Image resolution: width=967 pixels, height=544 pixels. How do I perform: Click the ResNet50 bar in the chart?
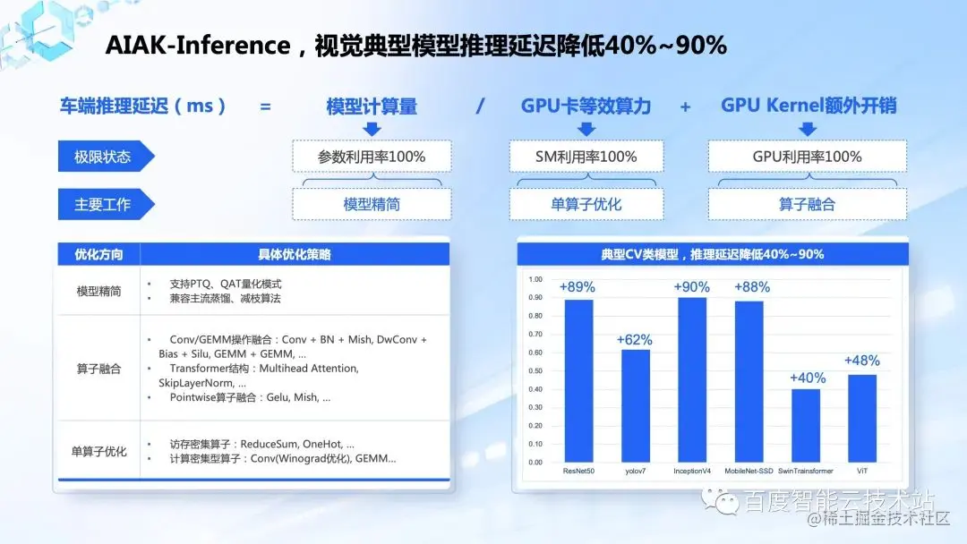pyautogui.click(x=578, y=380)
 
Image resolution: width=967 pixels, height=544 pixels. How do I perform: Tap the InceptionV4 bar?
pyautogui.click(x=691, y=379)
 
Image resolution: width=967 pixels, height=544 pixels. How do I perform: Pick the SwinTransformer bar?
pyautogui.click(x=806, y=425)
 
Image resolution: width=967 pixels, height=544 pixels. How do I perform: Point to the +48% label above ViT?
pyautogui.click(x=861, y=361)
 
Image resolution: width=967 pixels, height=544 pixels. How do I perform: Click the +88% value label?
pyautogui.click(x=751, y=287)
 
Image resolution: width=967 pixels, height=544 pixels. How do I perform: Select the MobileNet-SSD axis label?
pyautogui.click(x=749, y=471)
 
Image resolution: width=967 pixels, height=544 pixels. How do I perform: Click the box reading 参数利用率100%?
pyautogui.click(x=372, y=157)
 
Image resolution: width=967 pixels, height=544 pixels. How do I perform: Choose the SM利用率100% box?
pyautogui.click(x=586, y=157)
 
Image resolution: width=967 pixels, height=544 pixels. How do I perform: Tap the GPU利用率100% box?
pyautogui.click(x=807, y=157)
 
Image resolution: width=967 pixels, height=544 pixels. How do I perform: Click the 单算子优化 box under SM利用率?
pyautogui.click(x=586, y=204)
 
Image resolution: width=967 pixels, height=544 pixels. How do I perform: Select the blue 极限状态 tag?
pyautogui.click(x=104, y=157)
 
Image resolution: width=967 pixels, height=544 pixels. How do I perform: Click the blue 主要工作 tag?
pyautogui.click(x=104, y=204)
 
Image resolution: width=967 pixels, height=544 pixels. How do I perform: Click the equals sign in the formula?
pyautogui.click(x=265, y=106)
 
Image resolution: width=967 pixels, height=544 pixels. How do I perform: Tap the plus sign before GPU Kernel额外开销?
pyautogui.click(x=685, y=106)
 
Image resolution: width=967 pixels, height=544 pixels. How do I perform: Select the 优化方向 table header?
pyautogui.click(x=98, y=254)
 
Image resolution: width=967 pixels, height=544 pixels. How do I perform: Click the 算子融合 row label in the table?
pyautogui.click(x=98, y=368)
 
